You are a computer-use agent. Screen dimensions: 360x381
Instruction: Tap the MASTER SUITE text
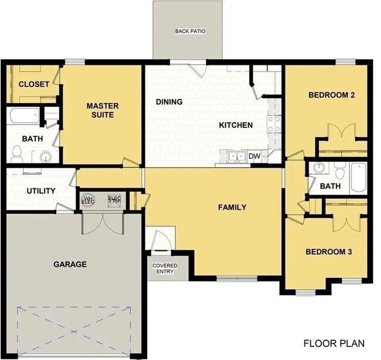pyautogui.click(x=103, y=110)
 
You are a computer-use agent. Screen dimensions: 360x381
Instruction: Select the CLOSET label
pyautogui.click(x=34, y=84)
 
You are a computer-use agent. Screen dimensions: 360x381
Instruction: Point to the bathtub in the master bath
pyautogui.click(x=24, y=116)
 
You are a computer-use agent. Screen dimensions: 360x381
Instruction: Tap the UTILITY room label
pyautogui.click(x=41, y=191)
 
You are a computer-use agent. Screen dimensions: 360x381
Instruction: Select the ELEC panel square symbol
pyautogui.click(x=114, y=201)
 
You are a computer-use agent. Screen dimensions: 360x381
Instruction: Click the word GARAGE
pyautogui.click(x=70, y=264)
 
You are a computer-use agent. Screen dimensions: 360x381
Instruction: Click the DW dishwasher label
pyautogui.click(x=254, y=156)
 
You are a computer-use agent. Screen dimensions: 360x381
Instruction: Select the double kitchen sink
pyautogui.click(x=237, y=156)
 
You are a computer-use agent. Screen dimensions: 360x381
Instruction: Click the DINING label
pyautogui.click(x=169, y=102)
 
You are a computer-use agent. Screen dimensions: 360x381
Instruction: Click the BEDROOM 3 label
pyautogui.click(x=328, y=252)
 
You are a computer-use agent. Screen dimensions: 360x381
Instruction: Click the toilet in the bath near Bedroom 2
pyautogui.click(x=339, y=172)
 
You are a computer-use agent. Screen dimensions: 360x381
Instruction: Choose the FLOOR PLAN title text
pyautogui.click(x=334, y=343)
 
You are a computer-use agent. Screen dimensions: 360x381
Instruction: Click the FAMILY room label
pyautogui.click(x=232, y=207)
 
